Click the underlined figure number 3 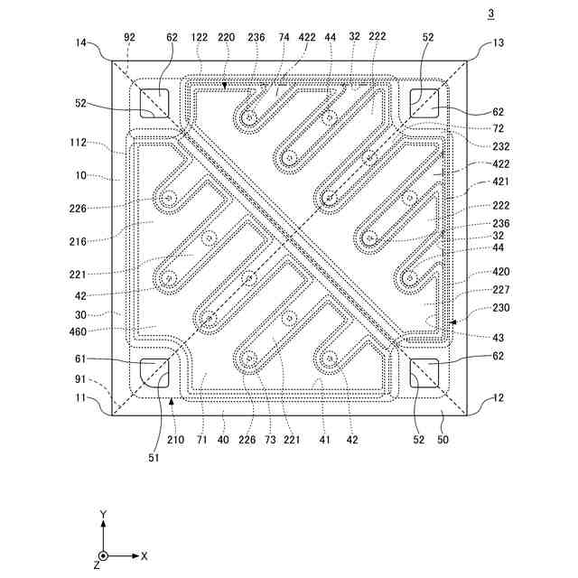click(x=490, y=14)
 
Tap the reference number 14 click(x=82, y=43)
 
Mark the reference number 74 click(x=284, y=38)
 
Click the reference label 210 click(x=200, y=440)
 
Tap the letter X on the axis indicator click(x=144, y=555)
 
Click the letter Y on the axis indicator click(x=104, y=514)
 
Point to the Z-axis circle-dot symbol click(x=104, y=555)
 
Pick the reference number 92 click(x=129, y=38)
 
